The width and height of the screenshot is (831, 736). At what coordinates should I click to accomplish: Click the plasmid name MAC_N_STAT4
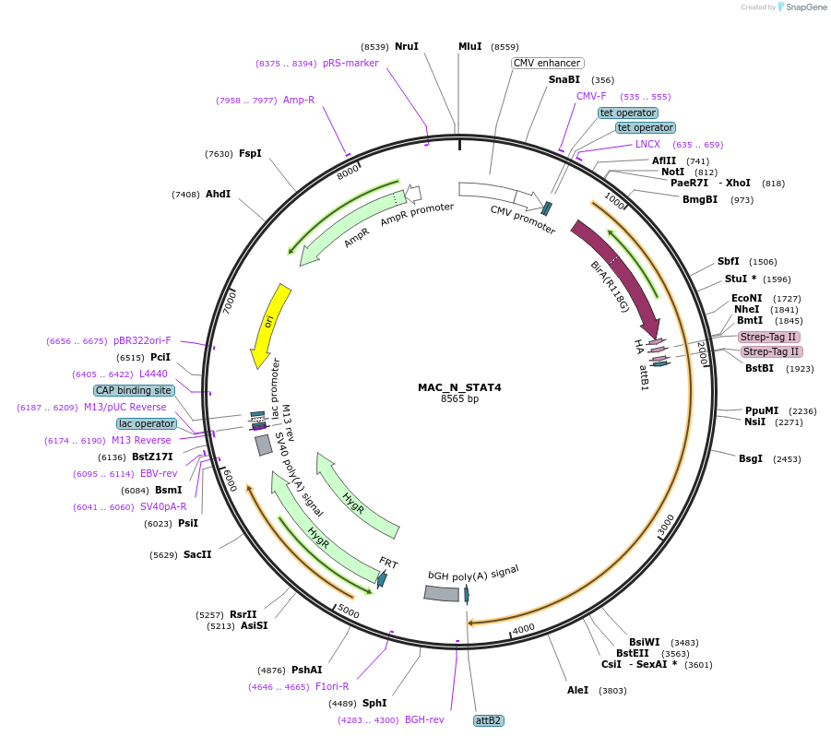(458, 387)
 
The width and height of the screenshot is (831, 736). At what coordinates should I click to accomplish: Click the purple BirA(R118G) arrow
(615, 274)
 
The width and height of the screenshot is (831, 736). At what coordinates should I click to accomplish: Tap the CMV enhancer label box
(547, 63)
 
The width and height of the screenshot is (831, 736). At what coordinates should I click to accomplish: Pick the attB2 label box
(488, 720)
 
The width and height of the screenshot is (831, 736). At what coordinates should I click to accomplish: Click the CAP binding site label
(133, 390)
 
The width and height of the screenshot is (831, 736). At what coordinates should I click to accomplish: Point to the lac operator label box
(147, 423)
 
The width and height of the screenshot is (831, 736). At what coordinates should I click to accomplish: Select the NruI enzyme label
(407, 46)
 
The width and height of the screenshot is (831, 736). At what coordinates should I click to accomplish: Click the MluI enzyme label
(470, 46)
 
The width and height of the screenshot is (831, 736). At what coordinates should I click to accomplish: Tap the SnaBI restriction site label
(564, 80)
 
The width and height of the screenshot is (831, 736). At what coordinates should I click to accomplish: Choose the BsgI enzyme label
(751, 458)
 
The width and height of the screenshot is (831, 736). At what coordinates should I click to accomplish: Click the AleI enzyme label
(578, 690)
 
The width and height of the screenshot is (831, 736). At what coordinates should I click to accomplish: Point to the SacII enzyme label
(197, 554)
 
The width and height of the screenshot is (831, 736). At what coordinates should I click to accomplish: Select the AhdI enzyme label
(219, 194)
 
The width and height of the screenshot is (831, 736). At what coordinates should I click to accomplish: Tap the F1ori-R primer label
(332, 686)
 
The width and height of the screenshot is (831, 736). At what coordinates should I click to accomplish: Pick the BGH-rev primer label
(424, 719)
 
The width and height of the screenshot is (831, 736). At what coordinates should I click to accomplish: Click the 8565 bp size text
(459, 399)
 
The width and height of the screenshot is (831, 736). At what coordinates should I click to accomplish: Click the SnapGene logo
(801, 7)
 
